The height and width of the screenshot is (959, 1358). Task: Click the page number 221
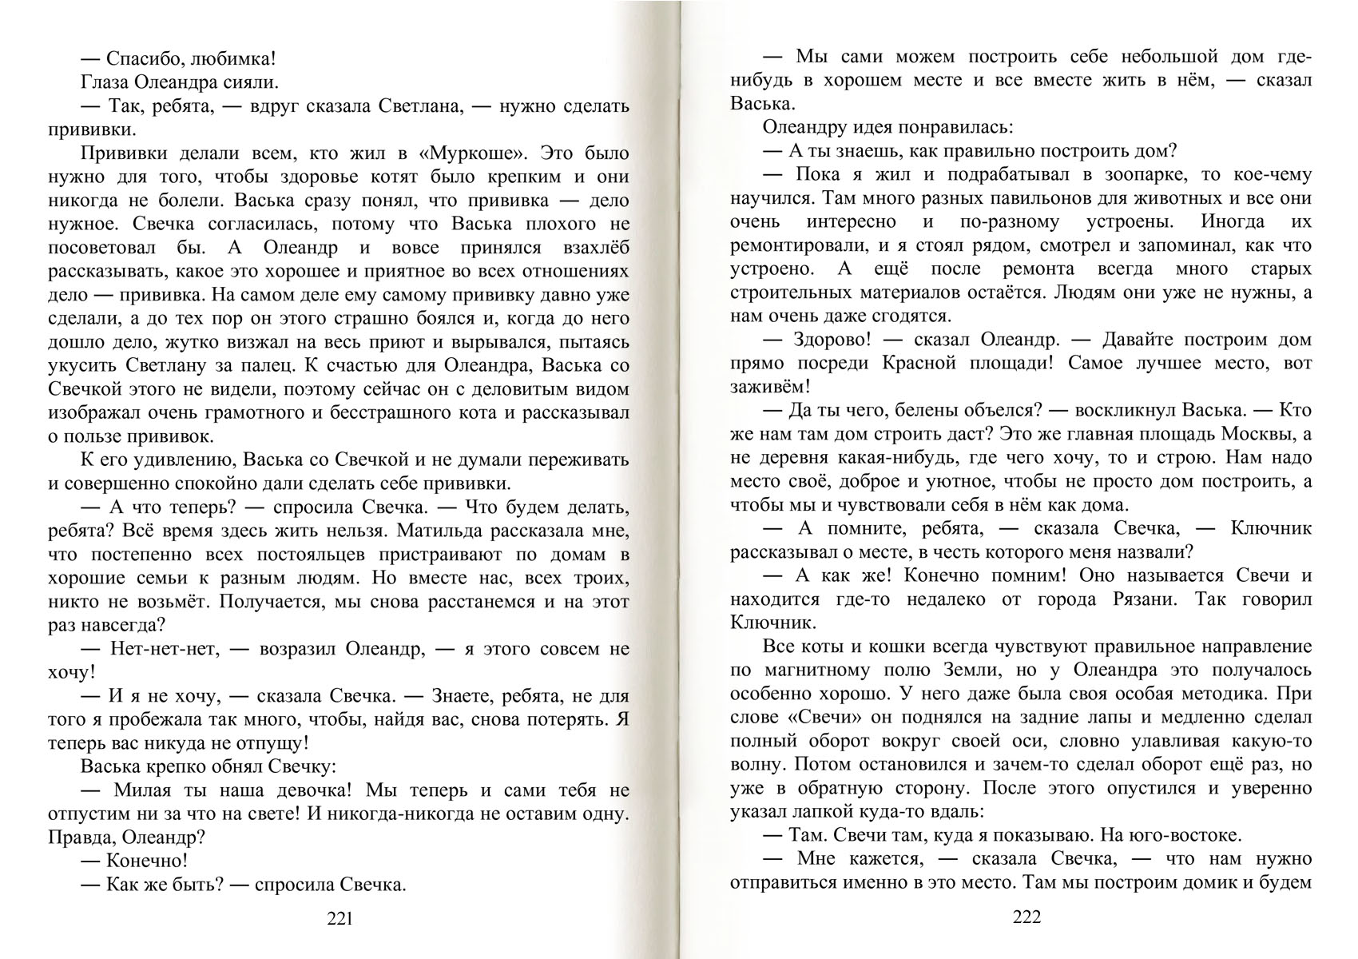click(x=339, y=918)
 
